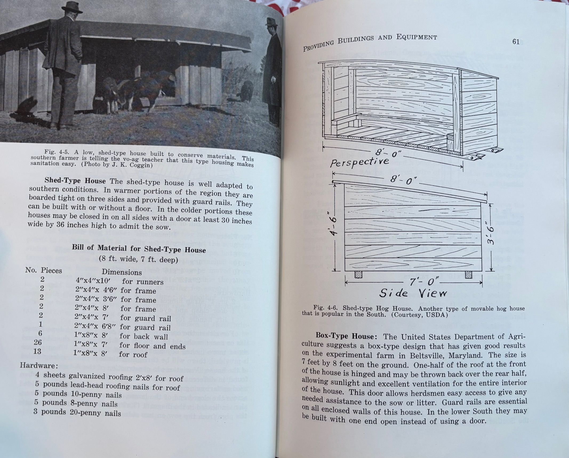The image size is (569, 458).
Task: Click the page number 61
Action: coord(516,42)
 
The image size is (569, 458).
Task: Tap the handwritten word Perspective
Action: coord(359,161)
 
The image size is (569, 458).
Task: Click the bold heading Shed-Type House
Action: coord(75,181)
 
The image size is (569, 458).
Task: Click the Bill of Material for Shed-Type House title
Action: coord(139,249)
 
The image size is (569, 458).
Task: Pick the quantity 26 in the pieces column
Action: coord(38,342)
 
